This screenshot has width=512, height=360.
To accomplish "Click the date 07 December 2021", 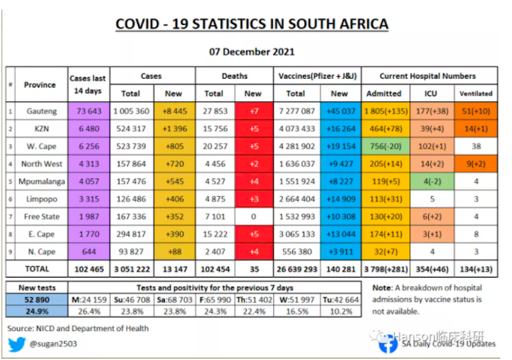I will click(x=252, y=51).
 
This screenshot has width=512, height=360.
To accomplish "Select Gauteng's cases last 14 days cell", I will click(x=87, y=111).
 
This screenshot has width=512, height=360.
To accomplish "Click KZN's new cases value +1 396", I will click(x=173, y=129).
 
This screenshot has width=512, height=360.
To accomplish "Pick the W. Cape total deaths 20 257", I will click(x=214, y=147).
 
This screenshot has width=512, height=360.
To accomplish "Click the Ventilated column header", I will click(x=476, y=93).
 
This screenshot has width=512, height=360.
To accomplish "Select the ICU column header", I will click(x=431, y=93).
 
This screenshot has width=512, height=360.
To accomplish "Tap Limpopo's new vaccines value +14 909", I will click(x=339, y=199).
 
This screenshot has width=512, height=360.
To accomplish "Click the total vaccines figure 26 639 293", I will click(x=296, y=269).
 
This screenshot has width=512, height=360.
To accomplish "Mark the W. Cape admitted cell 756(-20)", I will click(x=384, y=147).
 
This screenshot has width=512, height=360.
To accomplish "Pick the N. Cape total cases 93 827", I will click(x=131, y=251).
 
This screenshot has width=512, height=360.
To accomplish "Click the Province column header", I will click(x=40, y=85).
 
